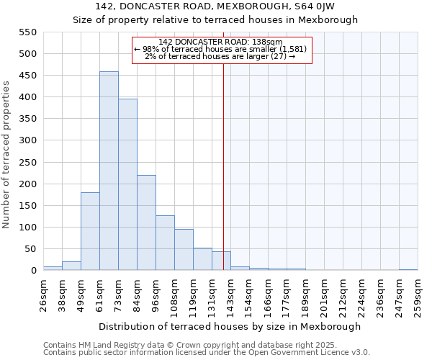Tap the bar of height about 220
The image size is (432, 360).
[146, 222]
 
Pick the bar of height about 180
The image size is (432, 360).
[90, 231]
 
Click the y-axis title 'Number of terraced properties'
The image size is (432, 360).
[6, 155]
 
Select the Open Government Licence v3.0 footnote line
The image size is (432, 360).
[207, 353]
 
